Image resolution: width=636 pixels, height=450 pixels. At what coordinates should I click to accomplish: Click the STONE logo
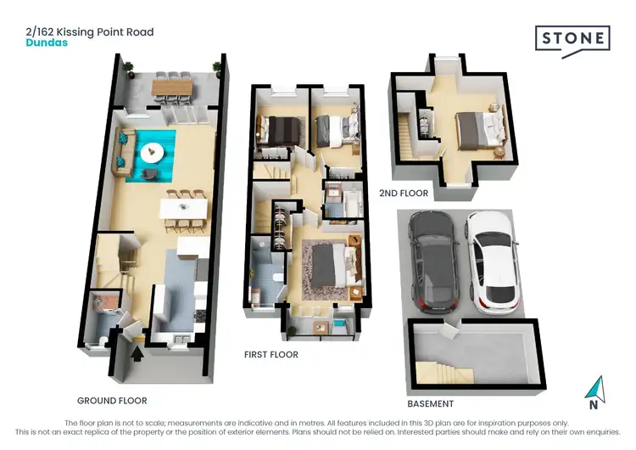(x=572, y=39)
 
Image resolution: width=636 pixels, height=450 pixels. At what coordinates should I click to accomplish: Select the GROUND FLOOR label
(x=112, y=400)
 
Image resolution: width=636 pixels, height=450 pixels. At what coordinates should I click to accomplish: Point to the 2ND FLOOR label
(x=404, y=194)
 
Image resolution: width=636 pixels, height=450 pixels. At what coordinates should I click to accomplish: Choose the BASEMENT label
(x=430, y=403)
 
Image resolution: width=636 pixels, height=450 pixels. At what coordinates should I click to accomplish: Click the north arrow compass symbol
(x=597, y=390)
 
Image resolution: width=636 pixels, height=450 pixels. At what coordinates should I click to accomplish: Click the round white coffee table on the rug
(x=152, y=154)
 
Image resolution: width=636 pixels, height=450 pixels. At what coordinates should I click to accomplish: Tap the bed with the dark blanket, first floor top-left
(x=281, y=130)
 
